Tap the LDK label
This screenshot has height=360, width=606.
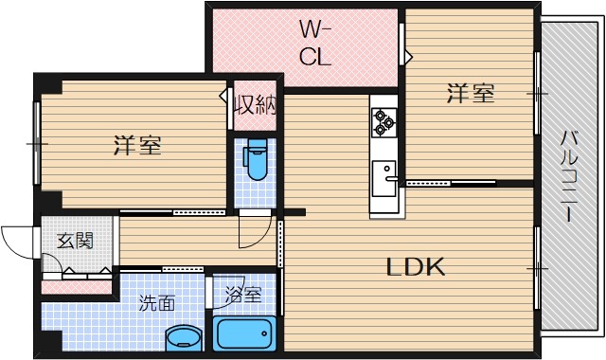(x=414, y=268)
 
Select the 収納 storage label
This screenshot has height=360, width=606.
(x=255, y=104)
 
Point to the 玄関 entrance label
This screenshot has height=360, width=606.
(x=74, y=241)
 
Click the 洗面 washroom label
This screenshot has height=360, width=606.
(x=156, y=304)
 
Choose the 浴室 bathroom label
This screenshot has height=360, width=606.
(x=243, y=296)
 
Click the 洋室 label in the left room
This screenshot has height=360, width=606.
(x=136, y=146)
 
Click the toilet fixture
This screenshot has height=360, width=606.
(x=256, y=167)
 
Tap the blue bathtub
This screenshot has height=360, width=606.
(x=243, y=333)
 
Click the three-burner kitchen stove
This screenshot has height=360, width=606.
(x=383, y=119)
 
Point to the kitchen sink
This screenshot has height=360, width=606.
(x=384, y=176)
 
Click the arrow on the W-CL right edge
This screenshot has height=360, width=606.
(x=408, y=57)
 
